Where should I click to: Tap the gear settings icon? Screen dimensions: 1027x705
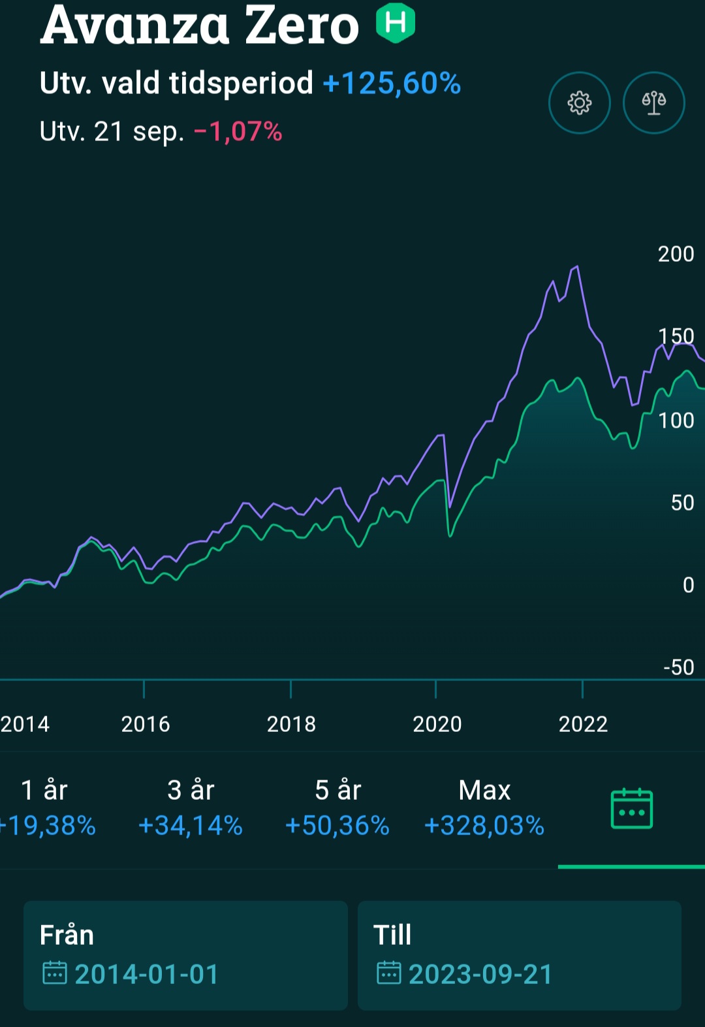(579, 103)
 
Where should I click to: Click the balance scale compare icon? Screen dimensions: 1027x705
(653, 103)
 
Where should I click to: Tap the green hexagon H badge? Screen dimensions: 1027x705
(396, 23)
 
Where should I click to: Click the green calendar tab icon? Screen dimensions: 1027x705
(631, 809)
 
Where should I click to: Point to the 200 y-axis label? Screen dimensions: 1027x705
(676, 254)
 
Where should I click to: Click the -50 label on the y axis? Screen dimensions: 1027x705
(679, 667)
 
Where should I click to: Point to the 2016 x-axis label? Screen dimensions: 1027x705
(145, 724)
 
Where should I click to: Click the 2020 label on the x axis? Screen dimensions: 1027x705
(437, 724)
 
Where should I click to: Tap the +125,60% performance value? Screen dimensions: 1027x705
(392, 84)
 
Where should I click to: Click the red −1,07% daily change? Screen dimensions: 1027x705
(238, 132)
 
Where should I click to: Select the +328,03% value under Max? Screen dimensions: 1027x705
(484, 826)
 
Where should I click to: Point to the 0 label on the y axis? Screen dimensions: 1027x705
(688, 585)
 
